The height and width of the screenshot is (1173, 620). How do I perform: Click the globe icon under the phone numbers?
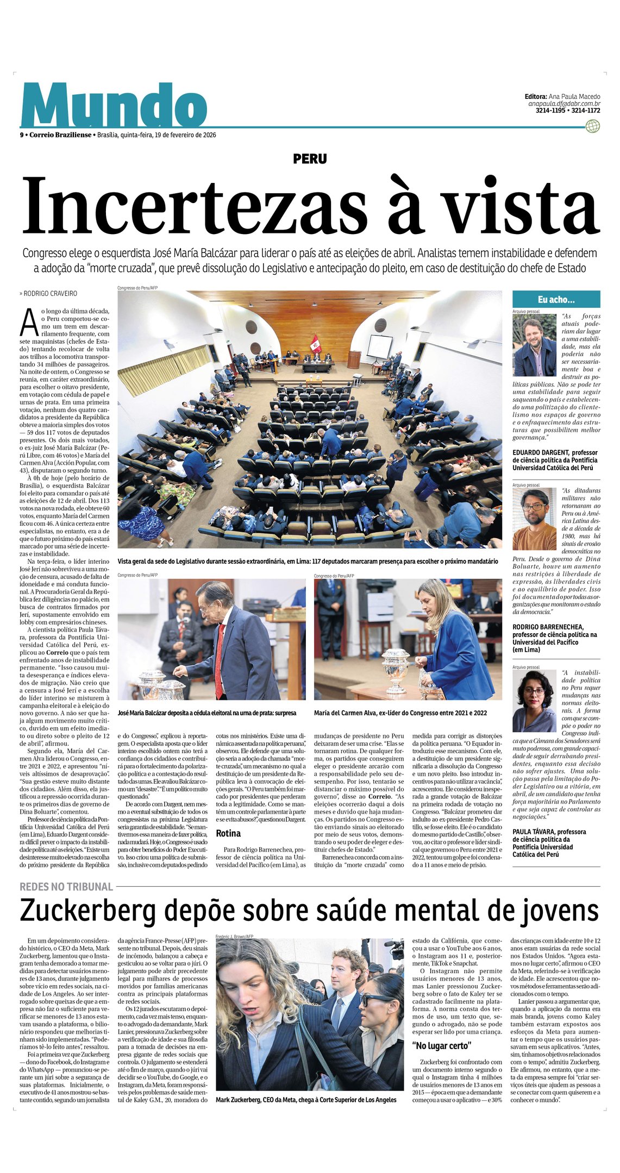[x=593, y=127]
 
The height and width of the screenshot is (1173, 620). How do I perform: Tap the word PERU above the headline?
[x=310, y=159]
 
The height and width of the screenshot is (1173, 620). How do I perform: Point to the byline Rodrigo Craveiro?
[x=50, y=293]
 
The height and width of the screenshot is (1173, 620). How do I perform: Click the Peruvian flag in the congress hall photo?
[x=315, y=343]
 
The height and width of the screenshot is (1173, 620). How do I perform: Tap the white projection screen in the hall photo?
[x=380, y=346]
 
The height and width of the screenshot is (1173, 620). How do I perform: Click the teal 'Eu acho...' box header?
[x=556, y=299]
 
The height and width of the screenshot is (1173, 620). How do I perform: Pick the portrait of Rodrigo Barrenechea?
[x=535, y=519]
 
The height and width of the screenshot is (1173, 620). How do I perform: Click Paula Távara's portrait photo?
[x=534, y=701]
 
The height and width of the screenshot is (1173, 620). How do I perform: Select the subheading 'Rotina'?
[x=228, y=833]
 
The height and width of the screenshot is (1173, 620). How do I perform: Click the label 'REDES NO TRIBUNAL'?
[x=66, y=887]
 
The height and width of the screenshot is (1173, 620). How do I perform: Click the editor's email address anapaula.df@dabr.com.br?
[x=564, y=104]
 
